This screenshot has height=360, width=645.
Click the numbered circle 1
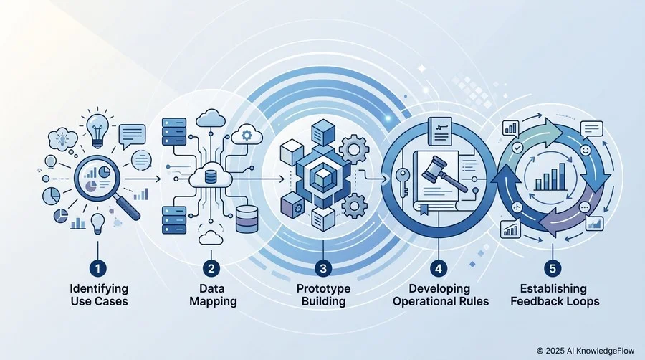(x=98, y=269)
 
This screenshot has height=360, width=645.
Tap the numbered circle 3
(x=323, y=269)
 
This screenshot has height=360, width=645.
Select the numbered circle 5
(x=553, y=269)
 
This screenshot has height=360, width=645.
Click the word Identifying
(x=99, y=288)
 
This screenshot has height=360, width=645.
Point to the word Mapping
(x=213, y=302)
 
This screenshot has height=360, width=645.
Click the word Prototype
(x=323, y=288)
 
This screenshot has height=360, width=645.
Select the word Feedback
(x=536, y=301)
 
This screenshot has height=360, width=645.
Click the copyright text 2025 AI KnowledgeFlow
(x=590, y=351)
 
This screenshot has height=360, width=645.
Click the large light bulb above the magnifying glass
(x=97, y=129)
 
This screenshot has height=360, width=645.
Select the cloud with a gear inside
(x=247, y=134)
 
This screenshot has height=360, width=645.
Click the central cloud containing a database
(x=210, y=178)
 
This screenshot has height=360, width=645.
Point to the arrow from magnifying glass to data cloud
(x=143, y=179)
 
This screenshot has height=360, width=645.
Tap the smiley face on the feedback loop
(x=586, y=150)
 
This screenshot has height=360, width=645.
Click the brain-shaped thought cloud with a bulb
(x=62, y=139)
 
